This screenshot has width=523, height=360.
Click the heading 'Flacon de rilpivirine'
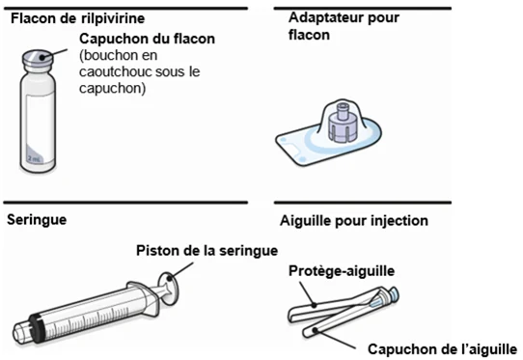(x=78, y=18)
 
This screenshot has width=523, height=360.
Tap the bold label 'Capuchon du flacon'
(x=147, y=39)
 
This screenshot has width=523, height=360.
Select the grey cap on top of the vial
(x=38, y=58)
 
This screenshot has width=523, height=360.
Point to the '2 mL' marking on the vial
(x=35, y=158)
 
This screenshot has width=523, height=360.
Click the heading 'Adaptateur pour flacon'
(x=344, y=26)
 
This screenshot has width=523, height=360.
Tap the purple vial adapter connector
(x=343, y=123)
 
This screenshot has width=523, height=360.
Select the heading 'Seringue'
(x=37, y=220)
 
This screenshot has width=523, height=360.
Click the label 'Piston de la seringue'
(x=206, y=251)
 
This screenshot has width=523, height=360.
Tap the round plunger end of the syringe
(x=170, y=288)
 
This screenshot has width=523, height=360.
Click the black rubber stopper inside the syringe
(x=36, y=323)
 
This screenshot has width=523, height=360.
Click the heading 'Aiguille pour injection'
(x=354, y=221)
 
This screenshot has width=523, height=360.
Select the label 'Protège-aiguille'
(x=342, y=271)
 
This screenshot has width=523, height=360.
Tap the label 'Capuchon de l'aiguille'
(x=442, y=349)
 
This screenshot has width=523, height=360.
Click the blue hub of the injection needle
(x=393, y=295)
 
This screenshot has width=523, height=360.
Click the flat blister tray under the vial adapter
(x=328, y=142)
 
